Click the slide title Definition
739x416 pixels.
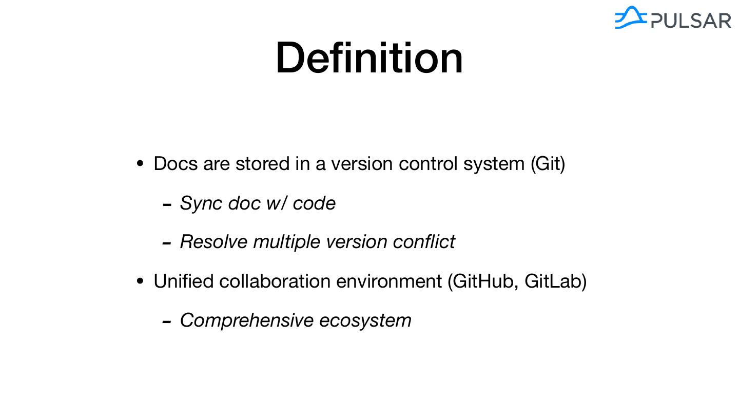click(x=369, y=58)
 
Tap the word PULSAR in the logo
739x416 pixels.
click(x=691, y=21)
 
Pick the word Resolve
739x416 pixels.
click(x=213, y=241)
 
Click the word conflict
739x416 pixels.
click(x=424, y=241)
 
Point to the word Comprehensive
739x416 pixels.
click(x=246, y=320)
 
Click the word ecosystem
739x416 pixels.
click(x=365, y=320)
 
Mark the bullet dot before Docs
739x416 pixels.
click(x=140, y=164)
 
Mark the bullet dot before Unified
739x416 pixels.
click(x=140, y=282)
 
